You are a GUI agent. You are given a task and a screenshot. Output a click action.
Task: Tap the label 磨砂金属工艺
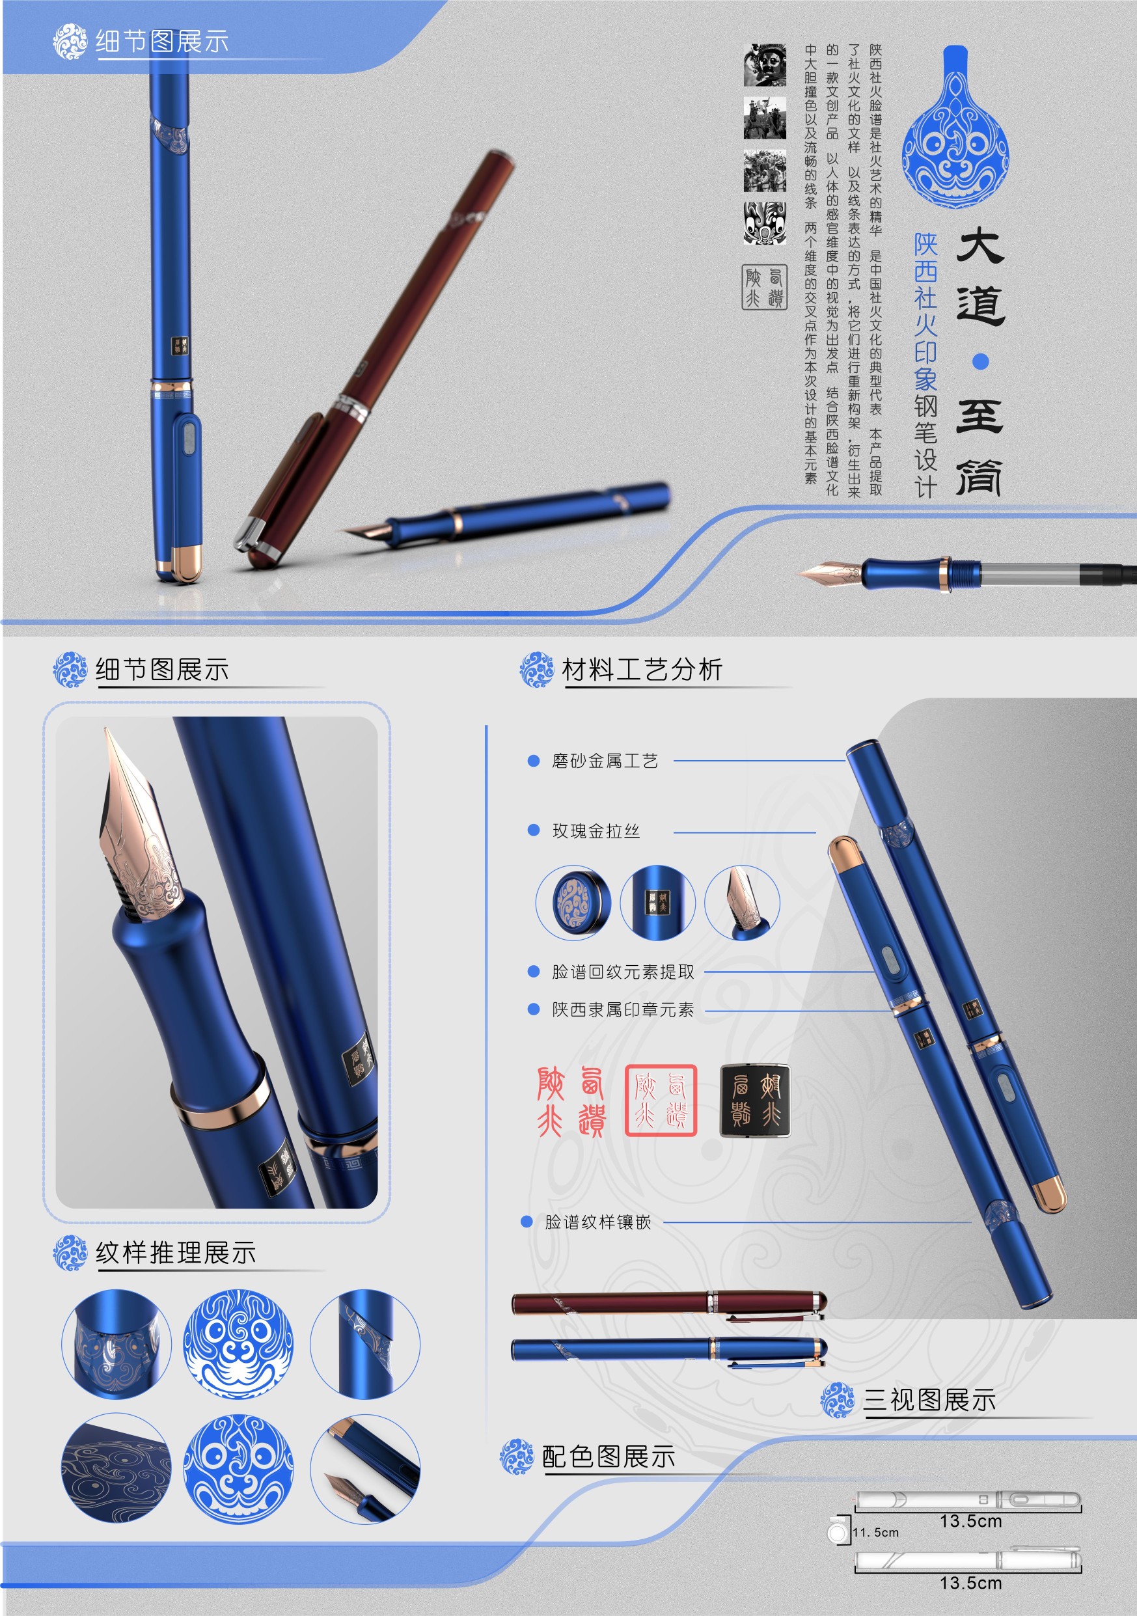[x=605, y=761]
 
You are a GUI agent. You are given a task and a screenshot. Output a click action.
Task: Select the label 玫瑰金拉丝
[x=596, y=831]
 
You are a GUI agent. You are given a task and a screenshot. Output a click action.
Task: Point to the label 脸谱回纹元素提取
[x=623, y=972]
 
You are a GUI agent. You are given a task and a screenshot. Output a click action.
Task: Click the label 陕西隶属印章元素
[x=623, y=1010]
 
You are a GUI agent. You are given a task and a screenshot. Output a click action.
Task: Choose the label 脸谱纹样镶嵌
[x=597, y=1222]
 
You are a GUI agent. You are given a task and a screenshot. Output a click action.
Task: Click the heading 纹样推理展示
[x=175, y=1253]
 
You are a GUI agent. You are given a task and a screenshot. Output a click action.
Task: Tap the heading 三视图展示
[x=929, y=1400]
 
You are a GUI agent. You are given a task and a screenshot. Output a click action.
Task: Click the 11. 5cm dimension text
[x=875, y=1532]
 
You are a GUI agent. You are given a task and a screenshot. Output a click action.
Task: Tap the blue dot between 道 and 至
[x=980, y=362]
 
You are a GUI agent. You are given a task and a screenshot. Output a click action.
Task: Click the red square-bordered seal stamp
[x=661, y=1101]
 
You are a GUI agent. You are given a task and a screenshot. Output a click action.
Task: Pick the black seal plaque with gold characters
[x=755, y=1100]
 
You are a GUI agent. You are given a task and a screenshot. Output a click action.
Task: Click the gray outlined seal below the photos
[x=764, y=287]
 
